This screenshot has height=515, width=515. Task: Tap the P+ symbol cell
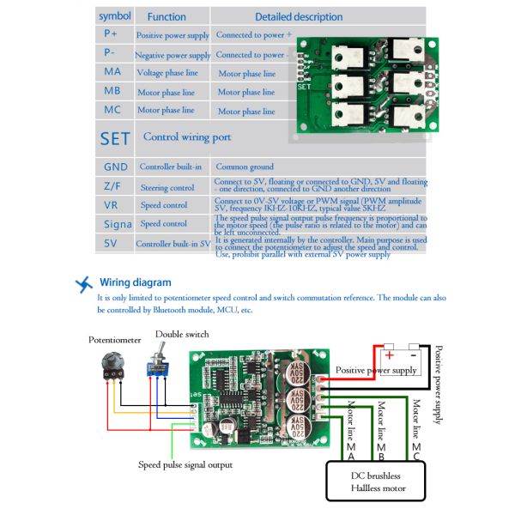112,35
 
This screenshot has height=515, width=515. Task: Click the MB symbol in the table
112,92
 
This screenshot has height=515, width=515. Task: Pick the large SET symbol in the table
115,138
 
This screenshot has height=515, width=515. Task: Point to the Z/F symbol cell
112,186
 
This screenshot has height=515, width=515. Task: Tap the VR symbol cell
112,205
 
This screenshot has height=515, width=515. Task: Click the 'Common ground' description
245,167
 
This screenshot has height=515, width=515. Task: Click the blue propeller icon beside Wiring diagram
84,284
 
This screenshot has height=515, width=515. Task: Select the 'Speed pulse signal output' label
185,464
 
